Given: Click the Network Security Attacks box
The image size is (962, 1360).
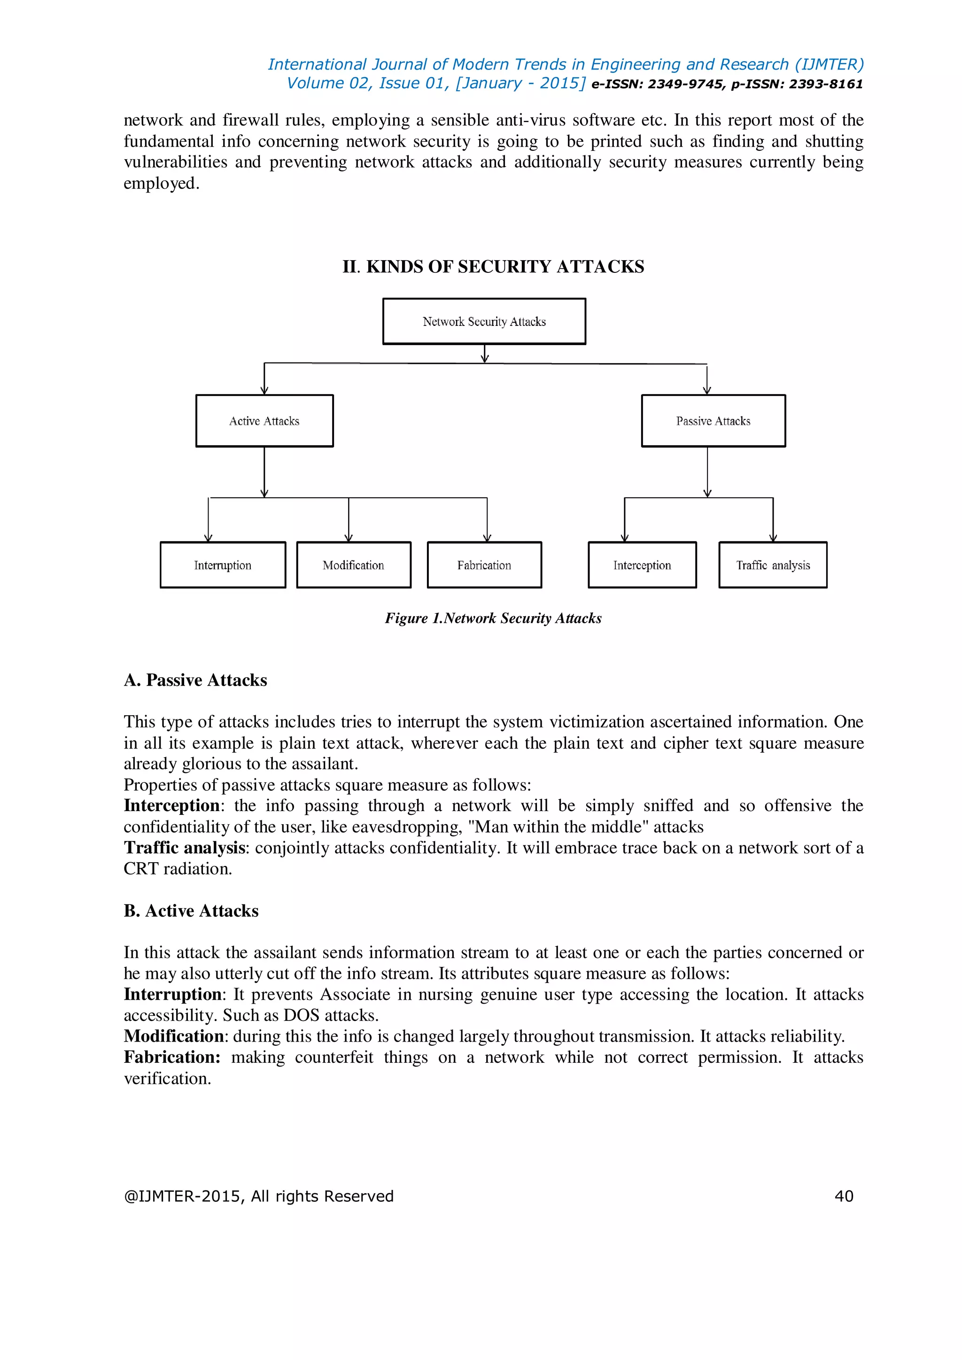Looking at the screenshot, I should (x=484, y=321).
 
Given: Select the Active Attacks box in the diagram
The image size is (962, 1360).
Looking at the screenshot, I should (x=264, y=421).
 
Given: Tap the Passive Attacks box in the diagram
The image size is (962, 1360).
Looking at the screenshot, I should (x=713, y=421).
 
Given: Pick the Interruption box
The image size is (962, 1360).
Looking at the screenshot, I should (x=223, y=565).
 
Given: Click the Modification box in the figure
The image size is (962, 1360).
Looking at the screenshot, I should (x=354, y=565).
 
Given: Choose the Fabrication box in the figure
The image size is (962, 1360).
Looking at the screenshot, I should (x=484, y=565).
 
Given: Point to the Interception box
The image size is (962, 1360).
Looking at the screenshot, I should (x=642, y=565).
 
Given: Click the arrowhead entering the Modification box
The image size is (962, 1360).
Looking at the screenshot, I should (x=349, y=538).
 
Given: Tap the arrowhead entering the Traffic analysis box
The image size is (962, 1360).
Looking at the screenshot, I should (x=773, y=538).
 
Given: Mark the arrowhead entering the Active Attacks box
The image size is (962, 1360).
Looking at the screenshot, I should (x=264, y=391).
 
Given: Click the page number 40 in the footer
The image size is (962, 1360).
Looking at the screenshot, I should (x=844, y=1196).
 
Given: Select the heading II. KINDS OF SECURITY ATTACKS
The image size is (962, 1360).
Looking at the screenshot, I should (x=493, y=267).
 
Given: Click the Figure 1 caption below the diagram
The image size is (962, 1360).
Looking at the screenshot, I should (x=493, y=618).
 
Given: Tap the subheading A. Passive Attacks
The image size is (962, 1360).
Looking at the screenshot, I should (x=195, y=680).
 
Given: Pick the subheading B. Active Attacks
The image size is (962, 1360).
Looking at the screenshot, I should (x=191, y=911).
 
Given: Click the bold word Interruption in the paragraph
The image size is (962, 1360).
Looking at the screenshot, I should (x=172, y=995).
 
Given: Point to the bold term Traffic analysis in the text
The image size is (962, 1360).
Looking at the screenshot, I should (x=184, y=848).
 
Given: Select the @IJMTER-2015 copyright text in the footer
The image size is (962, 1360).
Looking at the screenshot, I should (x=258, y=1196).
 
